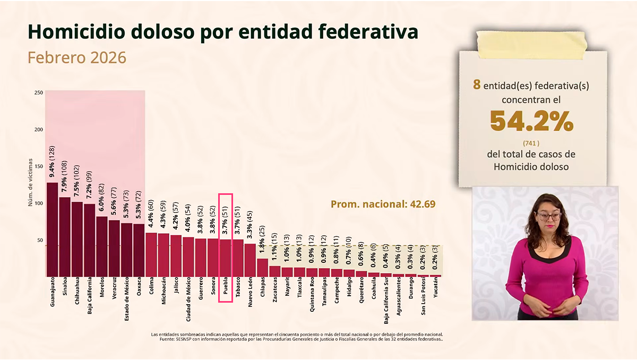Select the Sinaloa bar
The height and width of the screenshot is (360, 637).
(x=65, y=237)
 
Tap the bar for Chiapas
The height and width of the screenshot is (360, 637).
(x=262, y=268)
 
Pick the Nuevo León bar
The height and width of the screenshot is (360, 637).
(x=249, y=260)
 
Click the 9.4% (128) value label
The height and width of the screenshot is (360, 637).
(x=52, y=161)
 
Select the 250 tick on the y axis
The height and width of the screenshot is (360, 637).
(x=39, y=93)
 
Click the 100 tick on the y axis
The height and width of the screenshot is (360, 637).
(x=39, y=203)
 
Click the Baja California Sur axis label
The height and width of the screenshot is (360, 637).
(x=386, y=302)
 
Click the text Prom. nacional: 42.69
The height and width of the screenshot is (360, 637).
(x=383, y=204)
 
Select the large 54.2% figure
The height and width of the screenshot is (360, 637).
(x=531, y=122)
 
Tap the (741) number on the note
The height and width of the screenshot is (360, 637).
(x=531, y=143)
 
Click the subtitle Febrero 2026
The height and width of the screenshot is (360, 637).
(x=77, y=57)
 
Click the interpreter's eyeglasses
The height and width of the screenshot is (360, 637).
(x=549, y=216)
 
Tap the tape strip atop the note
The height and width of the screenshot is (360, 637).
(x=531, y=44)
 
